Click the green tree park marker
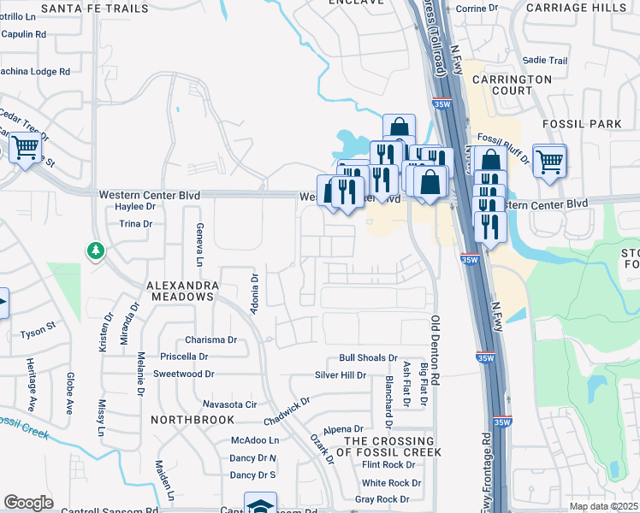pos(93,251)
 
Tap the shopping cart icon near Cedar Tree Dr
pos(25,150)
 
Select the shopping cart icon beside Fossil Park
pos(548,159)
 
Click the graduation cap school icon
pos(260,505)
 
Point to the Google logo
pos(28,503)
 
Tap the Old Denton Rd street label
pos(436,350)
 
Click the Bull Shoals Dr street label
pos(368,358)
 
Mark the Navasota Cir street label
pos(229,404)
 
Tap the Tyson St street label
pos(38,326)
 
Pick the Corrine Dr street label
pos(477,8)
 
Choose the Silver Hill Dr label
pos(340,374)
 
